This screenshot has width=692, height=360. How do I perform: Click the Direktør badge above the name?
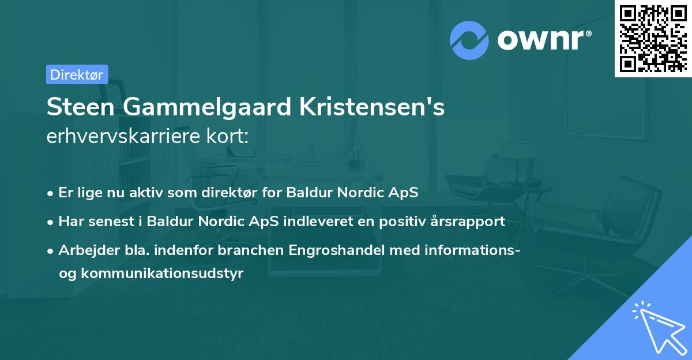coord(77,74)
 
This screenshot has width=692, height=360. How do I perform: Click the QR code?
coord(653,38)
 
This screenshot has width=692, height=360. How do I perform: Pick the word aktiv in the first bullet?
coord(146,193)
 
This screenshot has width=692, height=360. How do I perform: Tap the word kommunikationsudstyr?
coord(163,273)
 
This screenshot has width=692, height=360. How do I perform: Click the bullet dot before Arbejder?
coord(51,250)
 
